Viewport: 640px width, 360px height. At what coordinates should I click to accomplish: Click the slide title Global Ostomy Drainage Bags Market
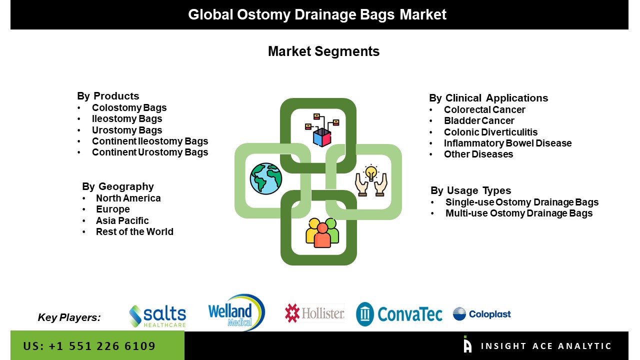[x=317, y=14]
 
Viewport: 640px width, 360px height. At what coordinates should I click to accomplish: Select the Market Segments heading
[x=323, y=51]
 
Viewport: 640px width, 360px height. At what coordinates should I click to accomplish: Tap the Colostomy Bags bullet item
[x=129, y=107]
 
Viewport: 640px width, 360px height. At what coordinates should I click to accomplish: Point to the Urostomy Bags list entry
[x=127, y=130]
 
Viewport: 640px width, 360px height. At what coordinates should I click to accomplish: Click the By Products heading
[x=108, y=96]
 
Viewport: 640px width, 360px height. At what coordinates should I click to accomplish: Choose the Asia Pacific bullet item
[x=122, y=220]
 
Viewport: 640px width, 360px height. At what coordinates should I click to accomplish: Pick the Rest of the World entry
[x=134, y=231]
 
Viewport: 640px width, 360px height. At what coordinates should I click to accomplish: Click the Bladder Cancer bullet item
[x=478, y=120]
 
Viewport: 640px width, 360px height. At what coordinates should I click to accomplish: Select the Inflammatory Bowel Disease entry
[x=507, y=143]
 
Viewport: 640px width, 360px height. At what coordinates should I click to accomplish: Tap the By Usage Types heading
[x=470, y=190]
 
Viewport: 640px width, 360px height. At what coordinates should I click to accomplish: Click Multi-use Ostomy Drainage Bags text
[x=518, y=213]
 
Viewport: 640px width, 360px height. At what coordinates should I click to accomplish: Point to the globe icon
[x=266, y=178]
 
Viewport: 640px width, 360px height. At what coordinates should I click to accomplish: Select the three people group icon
[x=322, y=232]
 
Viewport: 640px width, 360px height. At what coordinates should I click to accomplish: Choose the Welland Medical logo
[x=236, y=312]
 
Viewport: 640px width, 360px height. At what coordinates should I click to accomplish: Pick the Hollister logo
[x=314, y=313]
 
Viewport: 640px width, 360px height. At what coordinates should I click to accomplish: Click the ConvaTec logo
[x=399, y=314]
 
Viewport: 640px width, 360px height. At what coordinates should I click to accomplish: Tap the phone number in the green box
[x=89, y=346]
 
